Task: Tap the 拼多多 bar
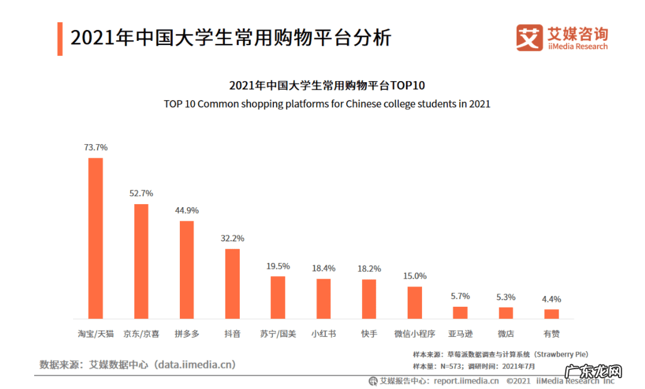click(x=187, y=270)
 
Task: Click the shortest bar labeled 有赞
click(x=551, y=314)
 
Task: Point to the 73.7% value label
click(x=96, y=147)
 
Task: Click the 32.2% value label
click(x=233, y=238)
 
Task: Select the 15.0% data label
click(x=415, y=276)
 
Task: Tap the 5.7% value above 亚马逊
click(x=460, y=296)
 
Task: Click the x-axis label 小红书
click(x=324, y=334)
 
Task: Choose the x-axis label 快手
click(x=369, y=334)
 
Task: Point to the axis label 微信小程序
click(x=415, y=334)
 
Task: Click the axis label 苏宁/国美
click(x=278, y=334)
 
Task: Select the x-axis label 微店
click(x=506, y=334)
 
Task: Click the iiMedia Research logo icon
click(x=528, y=38)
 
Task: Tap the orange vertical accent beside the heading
click(x=60, y=39)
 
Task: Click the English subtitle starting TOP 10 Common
click(x=327, y=104)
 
